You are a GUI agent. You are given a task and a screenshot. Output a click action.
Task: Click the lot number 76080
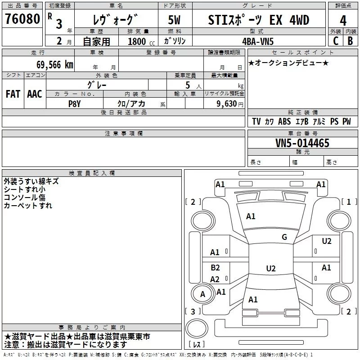coord(22,20)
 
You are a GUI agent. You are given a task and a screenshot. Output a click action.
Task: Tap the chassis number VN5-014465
coord(302,144)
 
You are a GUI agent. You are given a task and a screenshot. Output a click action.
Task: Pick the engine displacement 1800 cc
coord(138,41)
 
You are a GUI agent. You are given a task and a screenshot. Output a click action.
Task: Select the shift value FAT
coord(13,94)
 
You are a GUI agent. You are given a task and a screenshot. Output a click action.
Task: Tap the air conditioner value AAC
coord(34,94)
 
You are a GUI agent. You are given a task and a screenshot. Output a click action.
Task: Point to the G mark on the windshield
coord(284,237)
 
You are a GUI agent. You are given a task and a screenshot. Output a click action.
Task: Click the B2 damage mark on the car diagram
coord(215,268)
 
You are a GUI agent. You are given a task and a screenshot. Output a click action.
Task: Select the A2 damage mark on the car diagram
coord(215,279)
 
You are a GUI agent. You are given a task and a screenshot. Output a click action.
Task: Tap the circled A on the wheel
coord(202,294)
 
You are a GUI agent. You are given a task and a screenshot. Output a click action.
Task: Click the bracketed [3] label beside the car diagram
coord(193,311)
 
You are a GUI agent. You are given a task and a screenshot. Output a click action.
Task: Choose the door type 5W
coord(175,20)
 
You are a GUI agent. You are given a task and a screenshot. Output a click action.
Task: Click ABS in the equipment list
coord(284,121)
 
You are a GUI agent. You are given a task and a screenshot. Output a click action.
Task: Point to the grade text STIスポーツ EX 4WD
coord(259,20)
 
